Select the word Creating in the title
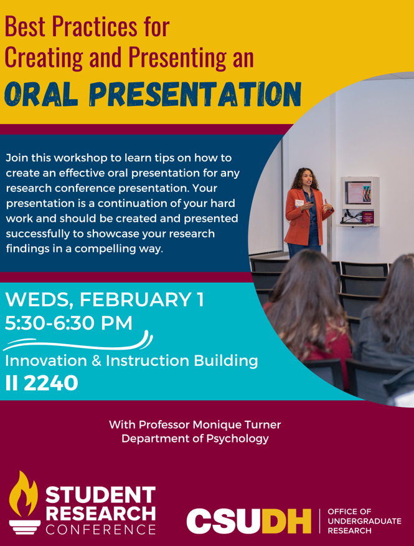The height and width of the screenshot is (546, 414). [44, 57]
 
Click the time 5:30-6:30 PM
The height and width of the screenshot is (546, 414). [68, 323]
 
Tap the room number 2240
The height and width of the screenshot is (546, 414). [51, 383]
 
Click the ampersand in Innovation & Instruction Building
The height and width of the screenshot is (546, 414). [96, 361]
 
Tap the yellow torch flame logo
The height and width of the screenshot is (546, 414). [24, 494]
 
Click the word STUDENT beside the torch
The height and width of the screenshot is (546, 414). [101, 494]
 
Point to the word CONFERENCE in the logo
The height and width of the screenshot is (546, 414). [101, 529]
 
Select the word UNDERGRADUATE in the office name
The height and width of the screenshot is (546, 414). [364, 521]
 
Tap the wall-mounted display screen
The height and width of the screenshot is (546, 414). [358, 193]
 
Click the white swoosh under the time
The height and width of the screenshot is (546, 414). [78, 343]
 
